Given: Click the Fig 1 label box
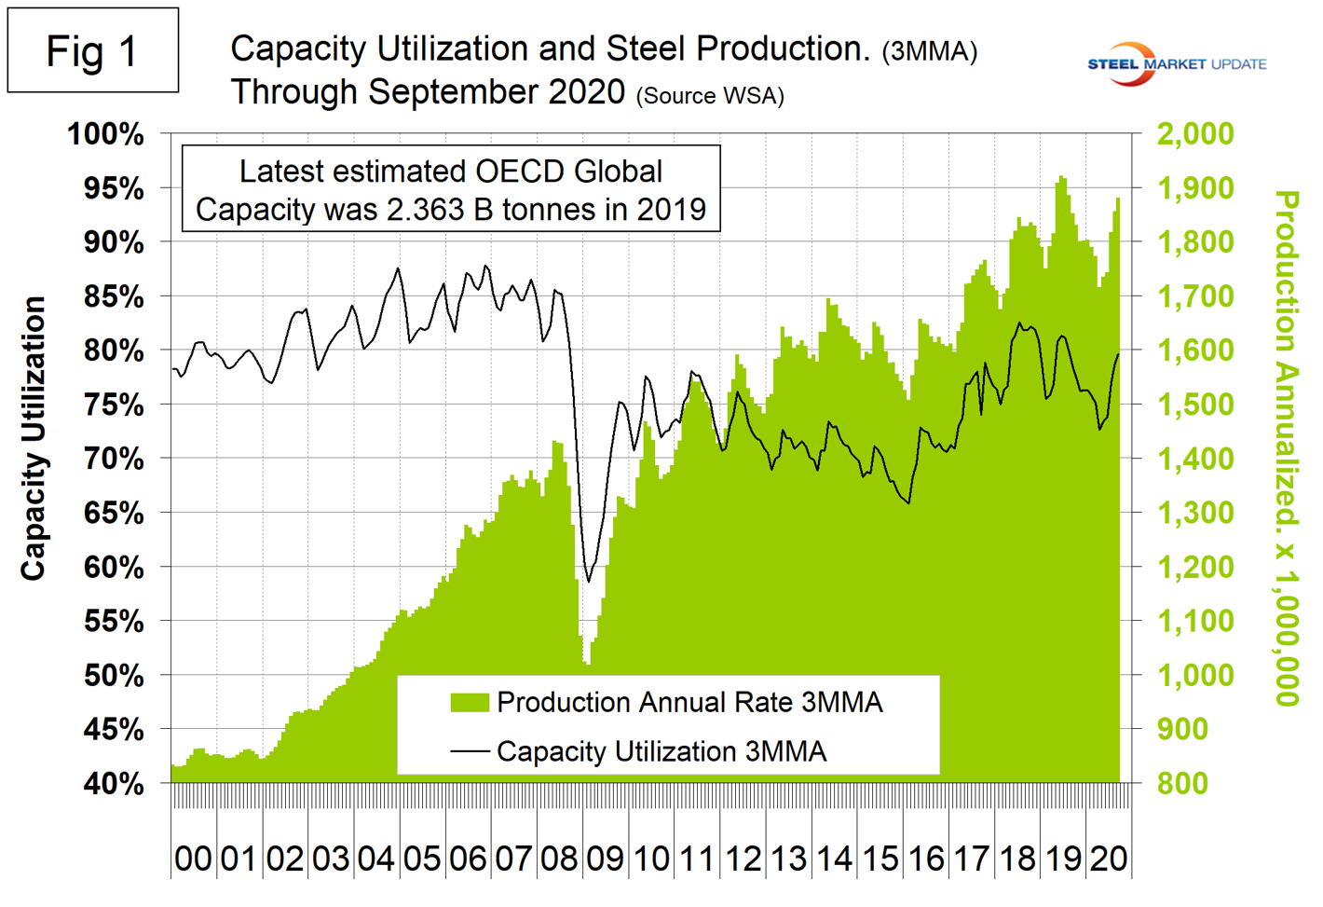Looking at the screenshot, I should tap(92, 50).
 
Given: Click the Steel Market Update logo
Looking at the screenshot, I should tap(1176, 63).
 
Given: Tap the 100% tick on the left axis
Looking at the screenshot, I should tap(105, 134).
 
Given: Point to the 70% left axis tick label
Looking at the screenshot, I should tap(114, 459).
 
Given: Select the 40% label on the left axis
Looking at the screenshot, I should tap(114, 784).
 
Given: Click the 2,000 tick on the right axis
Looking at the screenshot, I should tap(1194, 133).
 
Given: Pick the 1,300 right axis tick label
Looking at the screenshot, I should tap(1194, 513).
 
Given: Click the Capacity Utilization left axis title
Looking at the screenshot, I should tap(34, 438).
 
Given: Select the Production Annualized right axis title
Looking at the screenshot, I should tap(1287, 447).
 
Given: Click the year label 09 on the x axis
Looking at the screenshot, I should tap(605, 859).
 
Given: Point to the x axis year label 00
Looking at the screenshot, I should tap(193, 859).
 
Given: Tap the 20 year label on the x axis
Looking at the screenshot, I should tap(1108, 859).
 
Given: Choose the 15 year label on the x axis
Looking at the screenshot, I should tap(880, 859).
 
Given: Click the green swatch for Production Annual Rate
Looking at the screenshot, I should tap(470, 703).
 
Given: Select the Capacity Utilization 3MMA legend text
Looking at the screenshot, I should tap(661, 751).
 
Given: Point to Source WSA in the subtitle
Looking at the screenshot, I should tap(710, 96).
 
